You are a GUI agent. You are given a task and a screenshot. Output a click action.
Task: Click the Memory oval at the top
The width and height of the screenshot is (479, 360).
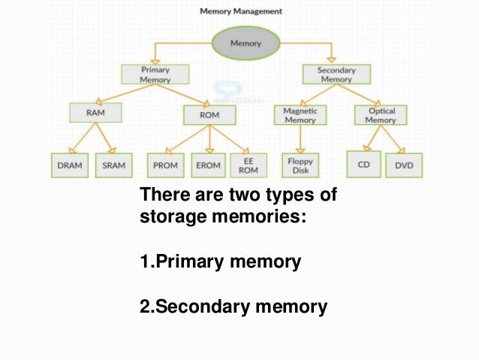(246, 44)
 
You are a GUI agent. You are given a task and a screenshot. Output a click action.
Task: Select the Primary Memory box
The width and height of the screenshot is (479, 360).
(155, 74)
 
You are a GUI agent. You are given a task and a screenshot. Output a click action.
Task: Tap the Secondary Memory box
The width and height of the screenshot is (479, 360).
(335, 74)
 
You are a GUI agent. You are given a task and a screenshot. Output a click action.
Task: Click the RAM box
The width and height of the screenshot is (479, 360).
(95, 113)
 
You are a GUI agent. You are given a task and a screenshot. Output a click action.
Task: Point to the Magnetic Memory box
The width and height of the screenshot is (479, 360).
(300, 114)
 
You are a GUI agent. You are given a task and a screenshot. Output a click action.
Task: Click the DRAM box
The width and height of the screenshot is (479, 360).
(72, 165)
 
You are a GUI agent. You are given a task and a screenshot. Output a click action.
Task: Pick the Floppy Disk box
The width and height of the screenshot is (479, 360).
(300, 164)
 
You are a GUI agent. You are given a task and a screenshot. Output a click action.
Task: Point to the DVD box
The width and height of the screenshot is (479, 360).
(404, 165)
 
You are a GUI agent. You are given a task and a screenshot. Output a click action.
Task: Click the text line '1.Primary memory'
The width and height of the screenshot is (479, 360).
(220, 262)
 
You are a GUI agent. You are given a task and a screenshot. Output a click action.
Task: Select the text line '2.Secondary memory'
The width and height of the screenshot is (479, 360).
(233, 306)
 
